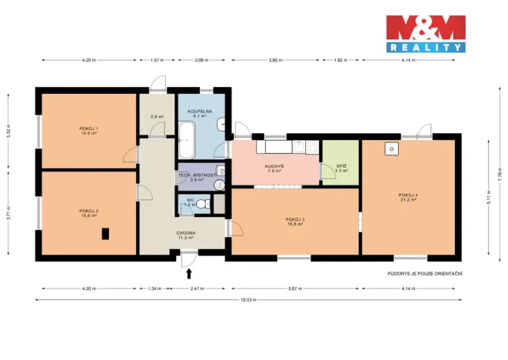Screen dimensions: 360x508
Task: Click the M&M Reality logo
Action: pyautogui.click(x=425, y=34)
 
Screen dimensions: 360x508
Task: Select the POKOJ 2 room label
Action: pyautogui.click(x=89, y=212)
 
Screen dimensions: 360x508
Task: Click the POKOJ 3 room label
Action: pyautogui.click(x=294, y=222)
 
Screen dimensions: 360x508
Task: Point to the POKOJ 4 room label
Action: pyautogui.click(x=407, y=197)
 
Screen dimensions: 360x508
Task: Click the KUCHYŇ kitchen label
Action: pyautogui.click(x=274, y=168)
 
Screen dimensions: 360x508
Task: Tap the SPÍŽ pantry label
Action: pyautogui.click(x=340, y=169)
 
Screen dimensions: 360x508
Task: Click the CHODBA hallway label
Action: pyautogui.click(x=185, y=234)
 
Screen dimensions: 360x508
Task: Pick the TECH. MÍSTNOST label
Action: pyautogui.click(x=195, y=177)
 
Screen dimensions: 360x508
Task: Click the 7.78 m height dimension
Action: pyautogui.click(x=499, y=175)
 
